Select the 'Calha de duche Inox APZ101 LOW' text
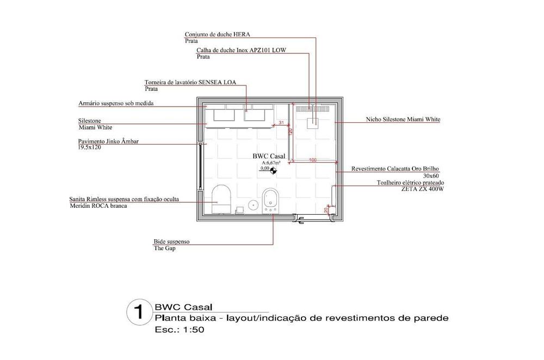click(241, 50)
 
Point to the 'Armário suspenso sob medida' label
click(116, 102)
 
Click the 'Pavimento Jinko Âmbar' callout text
click(108, 141)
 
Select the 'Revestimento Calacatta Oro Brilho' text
click(395, 169)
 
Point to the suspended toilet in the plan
click(220, 197)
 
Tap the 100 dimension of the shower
click(313, 160)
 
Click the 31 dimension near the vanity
click(281, 123)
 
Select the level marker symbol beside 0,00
click(273, 170)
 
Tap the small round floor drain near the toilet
click(253, 205)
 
